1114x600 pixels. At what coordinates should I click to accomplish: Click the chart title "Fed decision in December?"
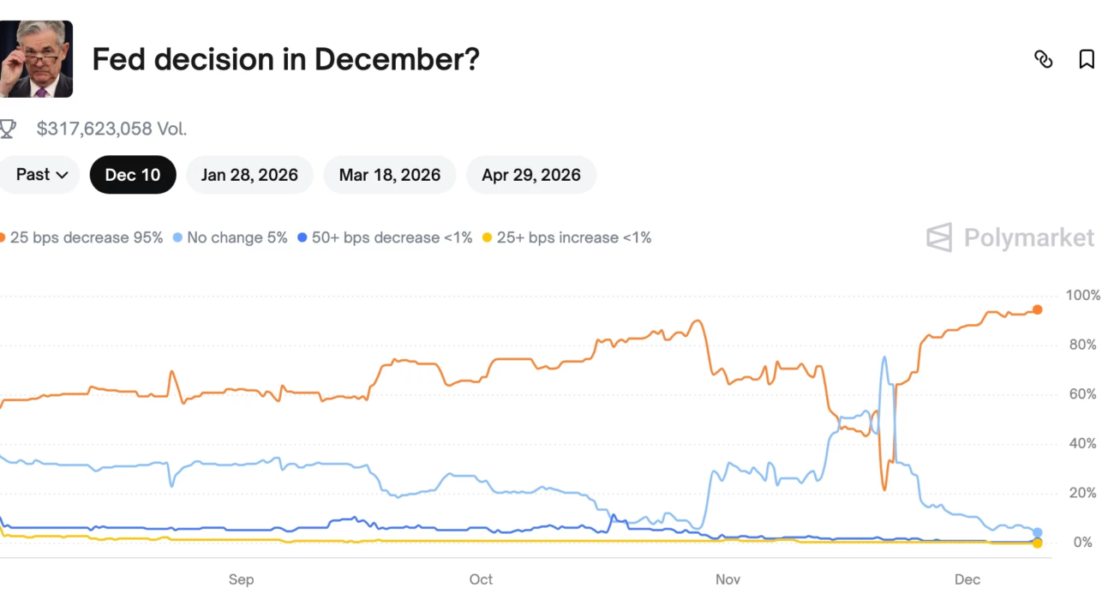285,60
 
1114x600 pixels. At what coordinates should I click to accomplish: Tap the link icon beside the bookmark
1043,59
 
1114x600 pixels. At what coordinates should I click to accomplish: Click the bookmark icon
1087,59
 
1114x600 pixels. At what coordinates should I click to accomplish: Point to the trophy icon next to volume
8,129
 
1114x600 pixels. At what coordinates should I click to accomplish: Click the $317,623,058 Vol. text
111,129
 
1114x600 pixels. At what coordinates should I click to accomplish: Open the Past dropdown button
40,175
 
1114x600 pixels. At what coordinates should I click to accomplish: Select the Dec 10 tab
133,175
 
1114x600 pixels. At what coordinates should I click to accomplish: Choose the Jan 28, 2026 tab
249,175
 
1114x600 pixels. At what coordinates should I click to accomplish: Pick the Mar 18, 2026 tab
390,175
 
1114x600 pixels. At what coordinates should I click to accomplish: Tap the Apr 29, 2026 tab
531,175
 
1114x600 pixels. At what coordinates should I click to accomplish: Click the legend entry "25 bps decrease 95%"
83,237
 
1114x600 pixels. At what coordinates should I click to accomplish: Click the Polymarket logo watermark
1010,237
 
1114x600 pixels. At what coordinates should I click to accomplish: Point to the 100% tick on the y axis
1082,296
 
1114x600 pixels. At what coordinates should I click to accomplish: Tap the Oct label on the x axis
481,579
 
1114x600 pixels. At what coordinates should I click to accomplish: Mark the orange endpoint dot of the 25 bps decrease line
1037,309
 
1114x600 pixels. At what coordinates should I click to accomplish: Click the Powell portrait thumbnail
36,59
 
